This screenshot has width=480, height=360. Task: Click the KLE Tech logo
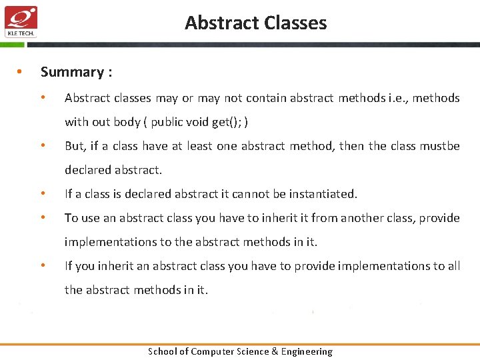21,21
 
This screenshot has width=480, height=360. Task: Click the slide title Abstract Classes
256,23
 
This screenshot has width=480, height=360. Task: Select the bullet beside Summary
21,72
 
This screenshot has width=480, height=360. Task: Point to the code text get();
227,122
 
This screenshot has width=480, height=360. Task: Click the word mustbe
439,146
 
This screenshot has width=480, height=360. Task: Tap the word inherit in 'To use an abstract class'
276,218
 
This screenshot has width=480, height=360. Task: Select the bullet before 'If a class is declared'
43,194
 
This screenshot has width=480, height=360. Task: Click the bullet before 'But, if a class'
43,146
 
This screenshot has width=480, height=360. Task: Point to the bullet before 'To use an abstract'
43,218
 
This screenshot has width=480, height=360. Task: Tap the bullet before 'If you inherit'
43,266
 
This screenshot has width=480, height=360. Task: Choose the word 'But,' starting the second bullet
75,146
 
